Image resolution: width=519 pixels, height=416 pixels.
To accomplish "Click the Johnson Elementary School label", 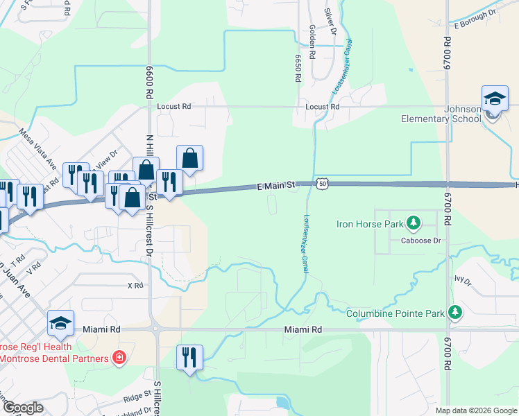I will (x=441, y=114).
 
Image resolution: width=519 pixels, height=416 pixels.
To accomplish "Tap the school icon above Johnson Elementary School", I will (x=495, y=99).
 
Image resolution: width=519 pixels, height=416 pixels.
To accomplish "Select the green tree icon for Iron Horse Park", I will (x=414, y=223).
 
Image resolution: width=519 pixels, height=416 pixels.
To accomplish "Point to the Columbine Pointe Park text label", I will (x=395, y=314).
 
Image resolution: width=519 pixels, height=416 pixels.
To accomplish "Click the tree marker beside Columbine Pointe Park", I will (x=455, y=313).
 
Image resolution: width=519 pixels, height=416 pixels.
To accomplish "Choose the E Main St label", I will (x=276, y=186).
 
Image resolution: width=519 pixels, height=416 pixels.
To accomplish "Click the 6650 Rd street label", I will (x=298, y=69).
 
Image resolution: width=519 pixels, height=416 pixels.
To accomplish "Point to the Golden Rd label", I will (x=313, y=42).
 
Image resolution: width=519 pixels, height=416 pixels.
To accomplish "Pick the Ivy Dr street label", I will (x=463, y=281).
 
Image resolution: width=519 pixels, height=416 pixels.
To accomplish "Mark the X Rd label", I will (x=135, y=285).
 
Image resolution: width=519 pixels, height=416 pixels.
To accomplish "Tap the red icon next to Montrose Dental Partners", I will (x=119, y=358).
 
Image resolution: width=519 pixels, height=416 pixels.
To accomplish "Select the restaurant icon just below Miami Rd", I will (x=189, y=358).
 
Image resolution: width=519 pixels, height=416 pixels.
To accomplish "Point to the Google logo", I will (x=22, y=408).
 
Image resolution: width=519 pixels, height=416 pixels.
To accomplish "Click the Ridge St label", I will (x=137, y=395).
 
